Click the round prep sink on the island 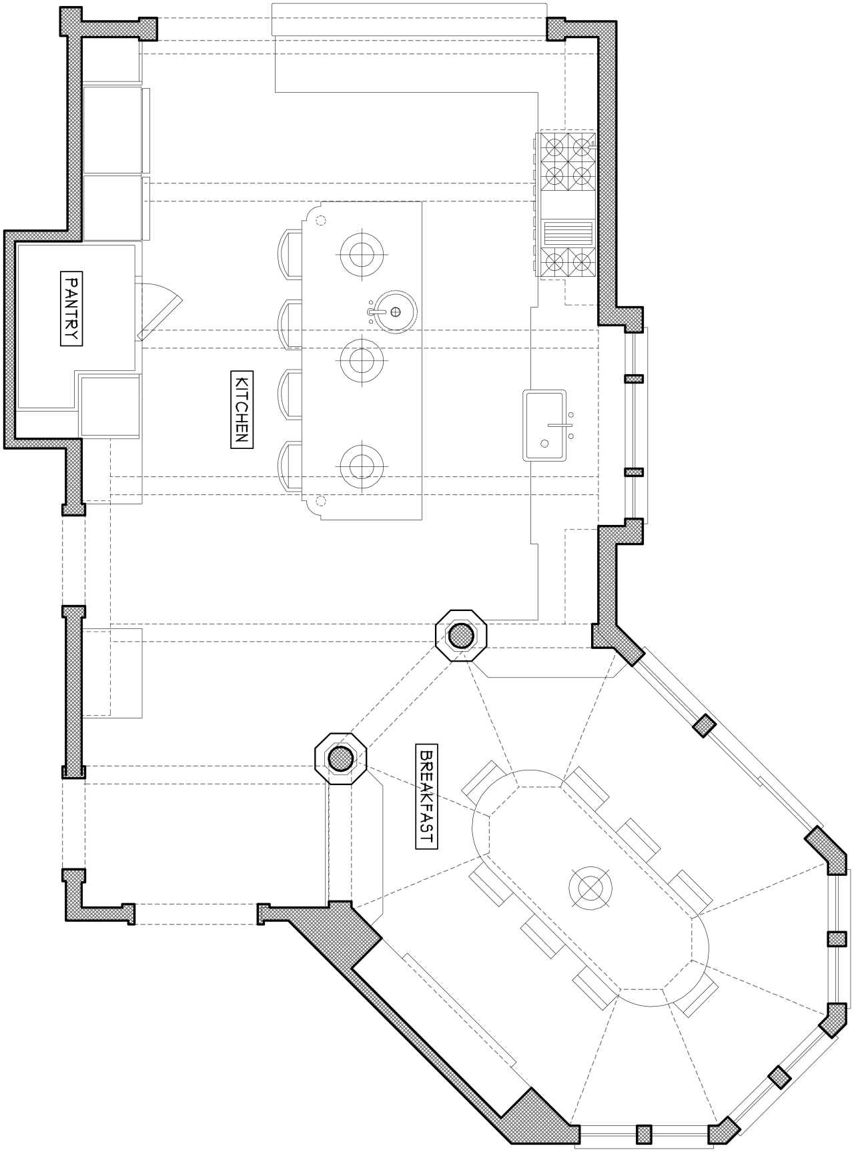pyautogui.click(x=392, y=312)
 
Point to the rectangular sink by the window pyautogui.click(x=544, y=426)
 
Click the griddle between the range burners pyautogui.click(x=568, y=233)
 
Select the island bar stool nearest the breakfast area pyautogui.click(x=290, y=466)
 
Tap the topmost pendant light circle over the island pyautogui.click(x=362, y=253)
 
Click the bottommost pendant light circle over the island pyautogui.click(x=362, y=465)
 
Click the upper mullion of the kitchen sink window pyautogui.click(x=633, y=379)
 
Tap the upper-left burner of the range pyautogui.click(x=554, y=143)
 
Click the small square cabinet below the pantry pyautogui.click(x=110, y=407)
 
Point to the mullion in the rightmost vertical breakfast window pyautogui.click(x=837, y=939)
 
